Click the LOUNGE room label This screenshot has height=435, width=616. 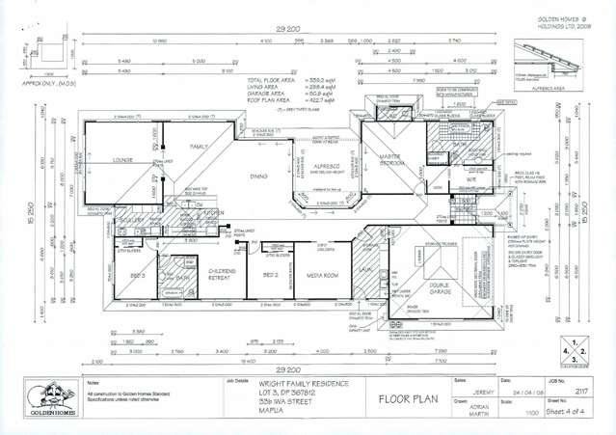(x=122, y=160)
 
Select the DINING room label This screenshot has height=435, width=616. (x=258, y=177)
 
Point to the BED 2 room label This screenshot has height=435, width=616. (x=269, y=274)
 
